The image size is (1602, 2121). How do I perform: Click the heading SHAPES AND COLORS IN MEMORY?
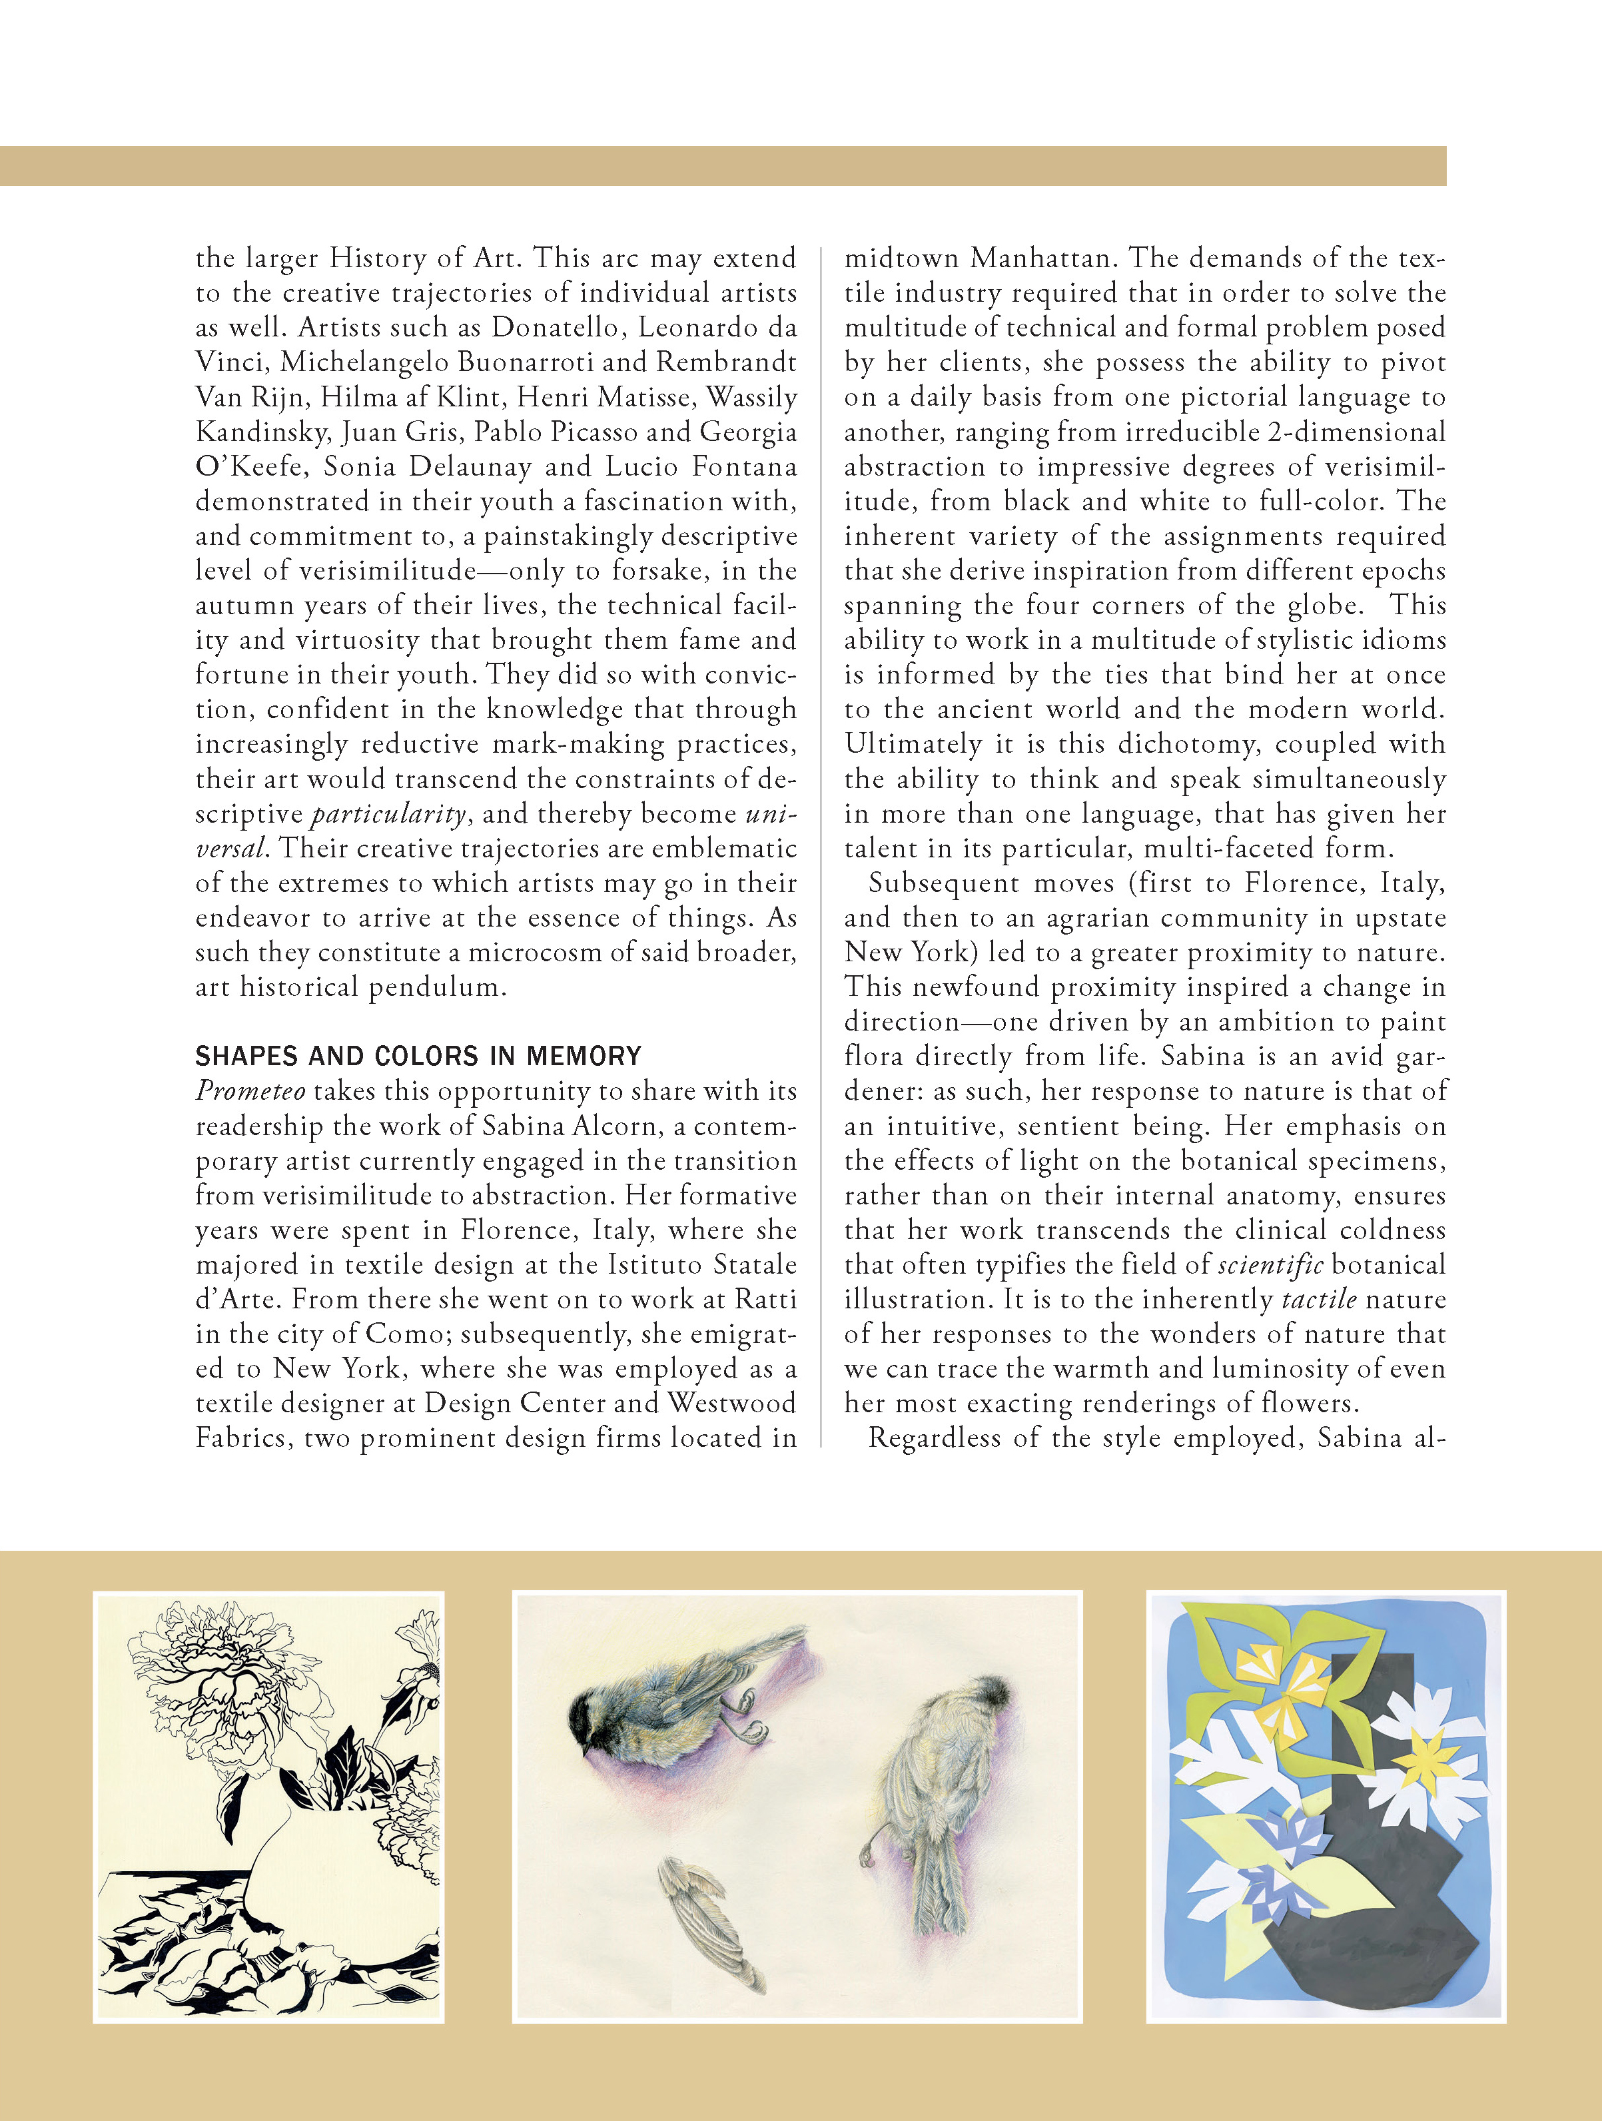pyautogui.click(x=418, y=1056)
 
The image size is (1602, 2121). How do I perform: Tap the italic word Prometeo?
pyautogui.click(x=250, y=1091)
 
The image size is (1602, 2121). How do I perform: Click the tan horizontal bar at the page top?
pyautogui.click(x=723, y=166)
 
